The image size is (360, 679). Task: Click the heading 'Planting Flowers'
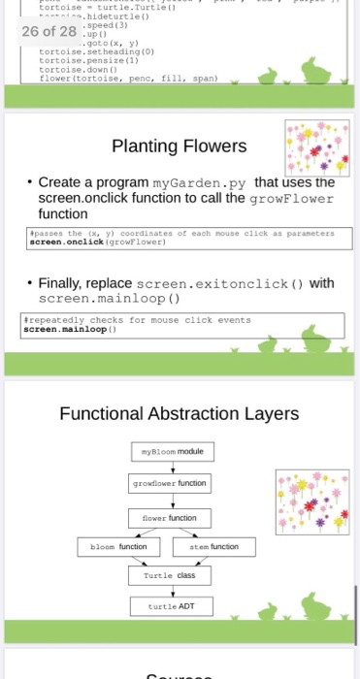click(x=180, y=146)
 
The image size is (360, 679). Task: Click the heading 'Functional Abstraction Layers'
click(x=179, y=414)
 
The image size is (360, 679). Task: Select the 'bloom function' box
click(x=121, y=547)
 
